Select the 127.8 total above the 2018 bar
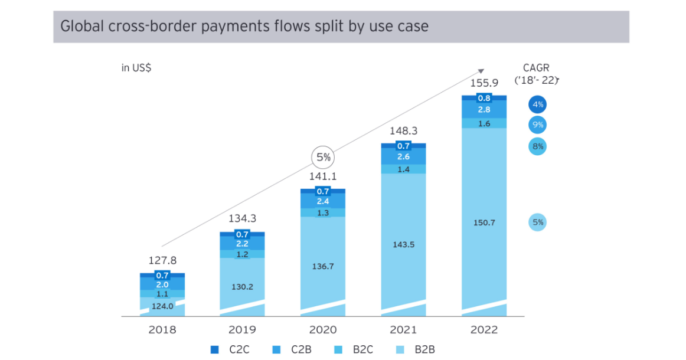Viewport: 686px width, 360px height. point(162,260)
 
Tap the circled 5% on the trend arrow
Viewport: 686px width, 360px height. point(323,157)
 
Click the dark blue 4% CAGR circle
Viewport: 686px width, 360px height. point(537,105)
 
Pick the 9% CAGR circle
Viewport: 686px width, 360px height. point(537,125)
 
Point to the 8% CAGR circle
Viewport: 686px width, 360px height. point(537,146)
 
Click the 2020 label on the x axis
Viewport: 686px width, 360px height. point(323,329)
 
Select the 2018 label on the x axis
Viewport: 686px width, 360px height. point(162,329)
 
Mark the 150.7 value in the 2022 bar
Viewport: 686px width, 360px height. point(484,222)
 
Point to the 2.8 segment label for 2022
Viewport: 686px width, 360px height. point(484,110)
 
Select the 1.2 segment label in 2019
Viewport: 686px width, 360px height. point(243,254)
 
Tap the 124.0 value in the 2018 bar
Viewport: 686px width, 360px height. point(162,306)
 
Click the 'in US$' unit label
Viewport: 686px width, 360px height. point(136,68)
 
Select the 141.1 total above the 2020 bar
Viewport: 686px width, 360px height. point(323,176)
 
